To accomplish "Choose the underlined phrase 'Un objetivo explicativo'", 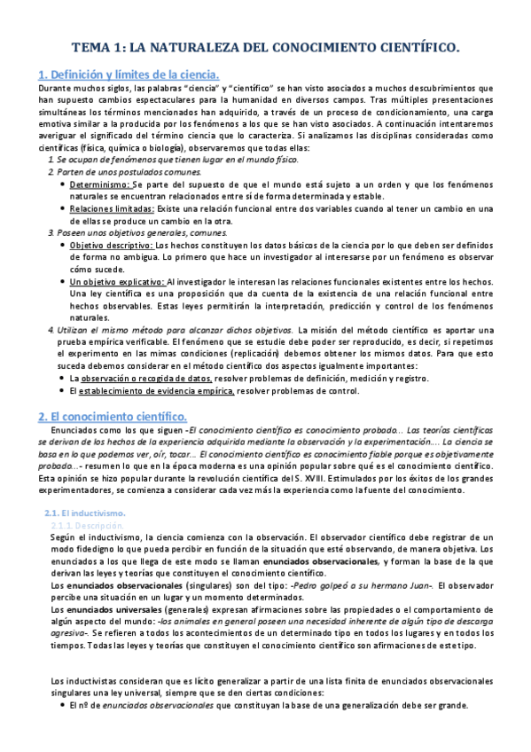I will tap(116, 281).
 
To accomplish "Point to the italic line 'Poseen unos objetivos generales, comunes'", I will tap(134, 232).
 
